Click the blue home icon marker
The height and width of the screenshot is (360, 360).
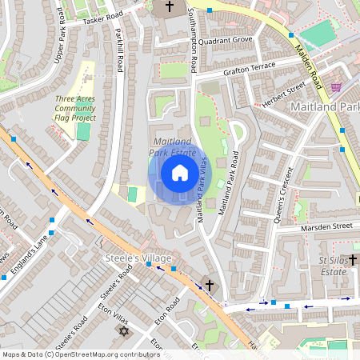click(180, 172)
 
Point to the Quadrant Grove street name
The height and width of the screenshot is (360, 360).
click(226, 38)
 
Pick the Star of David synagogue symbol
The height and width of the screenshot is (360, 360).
click(124, 330)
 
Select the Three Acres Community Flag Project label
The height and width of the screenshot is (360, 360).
click(76, 108)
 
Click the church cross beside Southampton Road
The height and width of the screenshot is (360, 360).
click(169, 7)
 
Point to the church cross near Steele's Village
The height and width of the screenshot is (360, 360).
click(210, 285)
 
